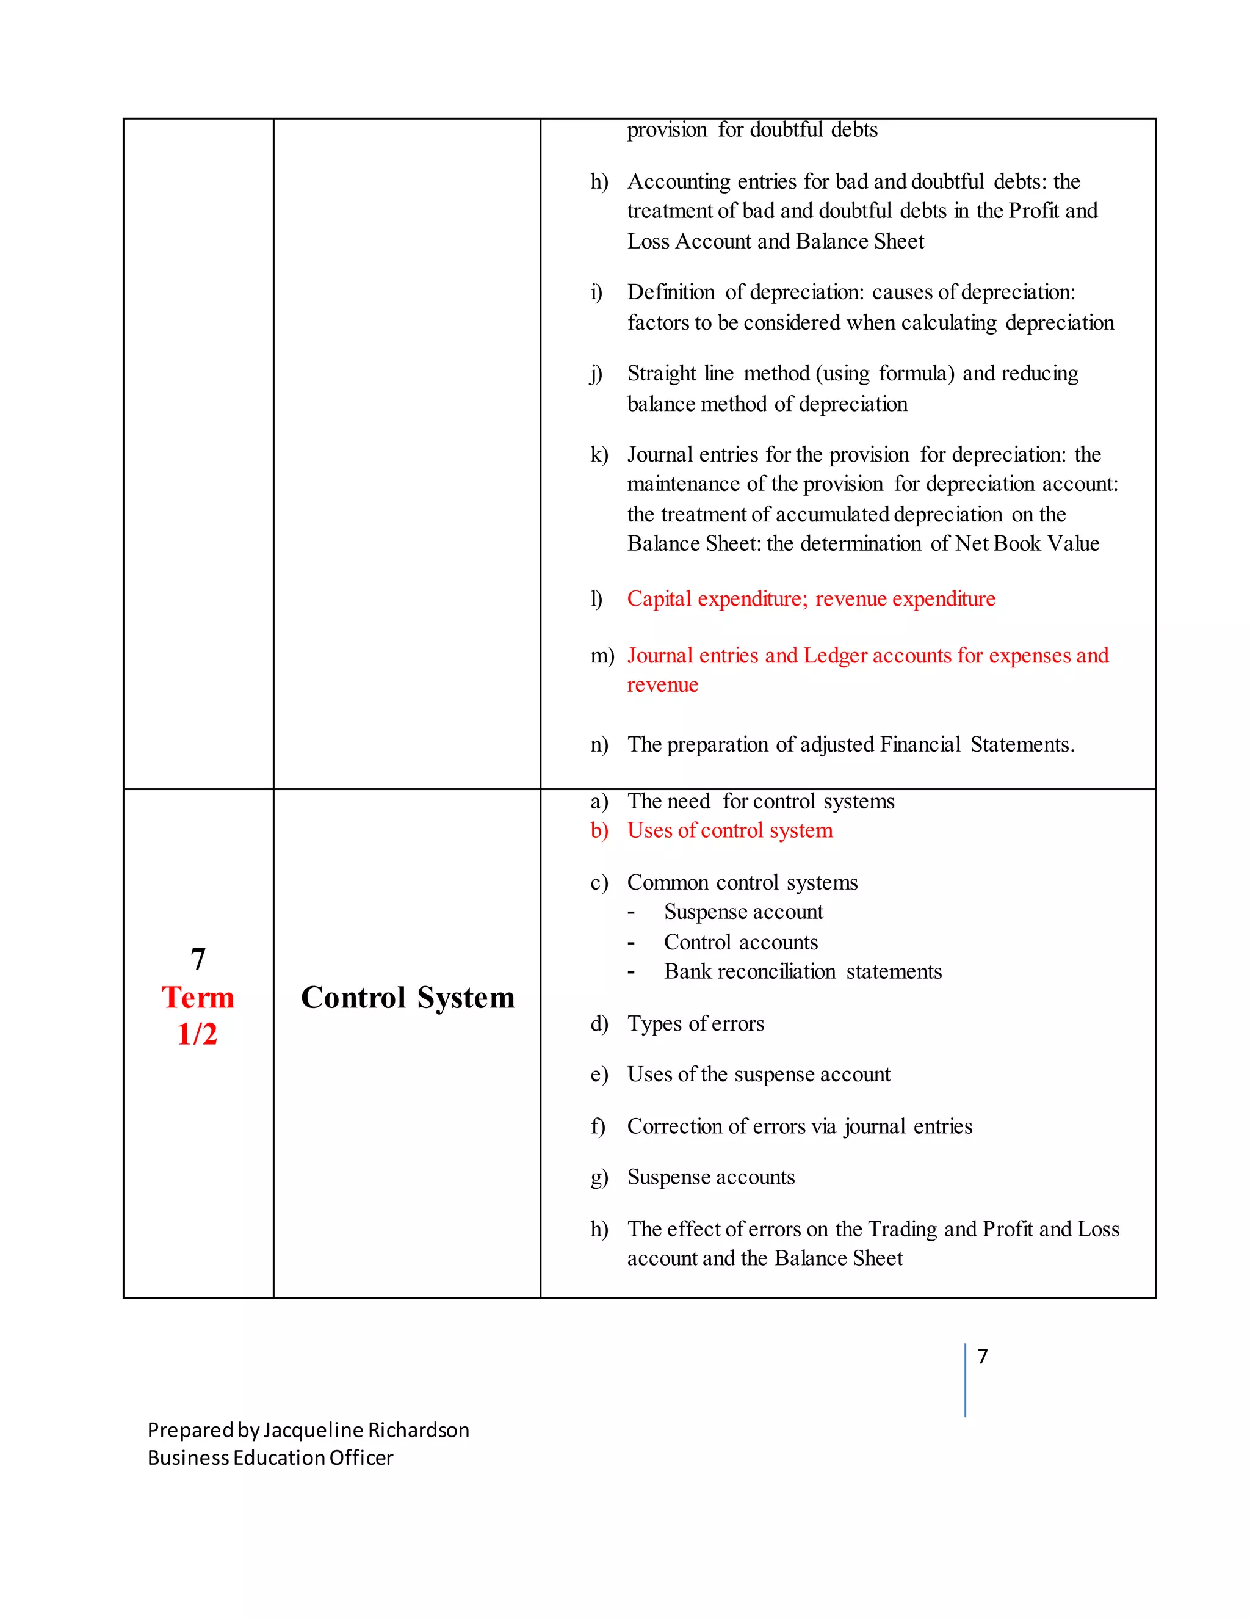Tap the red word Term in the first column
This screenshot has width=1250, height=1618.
pyautogui.click(x=198, y=997)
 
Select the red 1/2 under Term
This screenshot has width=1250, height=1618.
pyautogui.click(x=197, y=1034)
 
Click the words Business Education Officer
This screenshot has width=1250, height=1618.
pyautogui.click(x=270, y=1458)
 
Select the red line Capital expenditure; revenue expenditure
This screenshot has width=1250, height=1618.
pyautogui.click(x=811, y=598)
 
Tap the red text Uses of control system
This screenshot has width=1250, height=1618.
pyautogui.click(x=729, y=830)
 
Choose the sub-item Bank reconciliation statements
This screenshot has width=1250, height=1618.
pyautogui.click(x=803, y=971)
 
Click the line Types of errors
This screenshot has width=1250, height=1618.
pyautogui.click(x=695, y=1023)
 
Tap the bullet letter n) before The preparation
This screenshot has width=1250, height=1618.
pyautogui.click(x=599, y=744)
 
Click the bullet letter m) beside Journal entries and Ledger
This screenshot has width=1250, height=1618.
pyautogui.click(x=601, y=656)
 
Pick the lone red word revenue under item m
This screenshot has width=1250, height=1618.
pyautogui.click(x=662, y=685)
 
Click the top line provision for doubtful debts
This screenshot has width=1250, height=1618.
pyautogui.click(x=751, y=129)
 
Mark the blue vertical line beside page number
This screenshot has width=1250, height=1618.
pyautogui.click(x=965, y=1379)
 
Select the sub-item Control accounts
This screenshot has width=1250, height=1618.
pyautogui.click(x=740, y=942)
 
